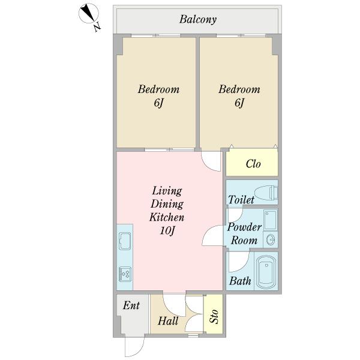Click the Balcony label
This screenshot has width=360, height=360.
click(198, 19)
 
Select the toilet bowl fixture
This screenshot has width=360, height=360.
click(266, 193)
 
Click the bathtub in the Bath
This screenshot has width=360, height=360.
click(266, 271)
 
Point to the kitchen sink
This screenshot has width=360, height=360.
click(125, 241)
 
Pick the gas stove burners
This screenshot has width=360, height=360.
click(125, 274)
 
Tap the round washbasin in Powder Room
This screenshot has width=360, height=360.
click(271, 240)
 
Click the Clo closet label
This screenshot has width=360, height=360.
click(253, 164)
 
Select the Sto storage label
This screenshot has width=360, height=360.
click(214, 316)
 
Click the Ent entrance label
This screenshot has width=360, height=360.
click(131, 305)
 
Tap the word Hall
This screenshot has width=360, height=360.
click(168, 321)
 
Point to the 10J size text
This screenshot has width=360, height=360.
click(167, 230)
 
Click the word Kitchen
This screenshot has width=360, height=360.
click(167, 217)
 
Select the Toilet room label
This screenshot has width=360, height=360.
click(241, 200)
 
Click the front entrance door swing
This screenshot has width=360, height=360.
click(134, 347)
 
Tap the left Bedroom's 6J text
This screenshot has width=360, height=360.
click(158, 103)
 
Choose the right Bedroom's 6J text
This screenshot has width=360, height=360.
click(239, 103)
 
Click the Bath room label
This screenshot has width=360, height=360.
click(240, 281)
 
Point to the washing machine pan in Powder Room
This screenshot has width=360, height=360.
click(271, 220)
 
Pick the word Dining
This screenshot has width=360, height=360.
click(167, 204)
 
